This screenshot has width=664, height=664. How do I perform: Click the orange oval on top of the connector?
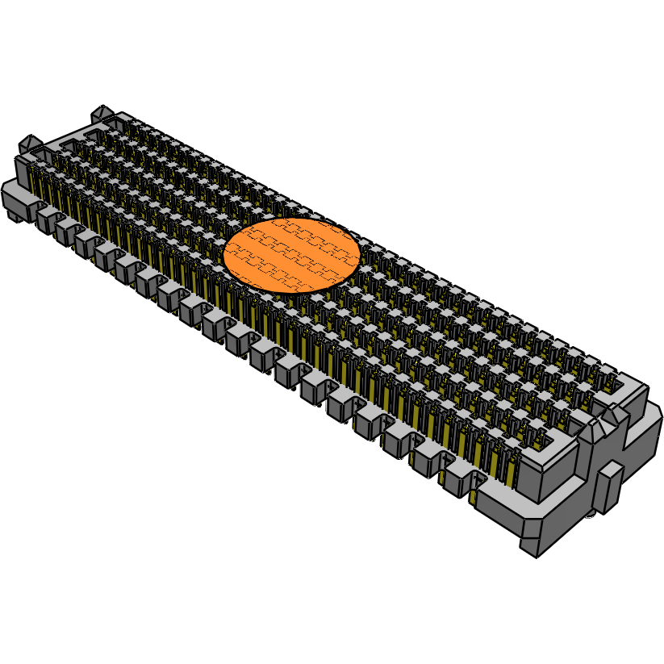pyautogui.click(x=291, y=254)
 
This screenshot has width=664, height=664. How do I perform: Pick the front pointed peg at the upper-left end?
pyautogui.click(x=28, y=143)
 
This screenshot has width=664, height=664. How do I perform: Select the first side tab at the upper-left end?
pyautogui.click(x=46, y=216)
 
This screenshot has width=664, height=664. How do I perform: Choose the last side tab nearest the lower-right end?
pyautogui.click(x=457, y=482)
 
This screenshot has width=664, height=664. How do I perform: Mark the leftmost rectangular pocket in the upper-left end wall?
pyautogui.click(x=66, y=147)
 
